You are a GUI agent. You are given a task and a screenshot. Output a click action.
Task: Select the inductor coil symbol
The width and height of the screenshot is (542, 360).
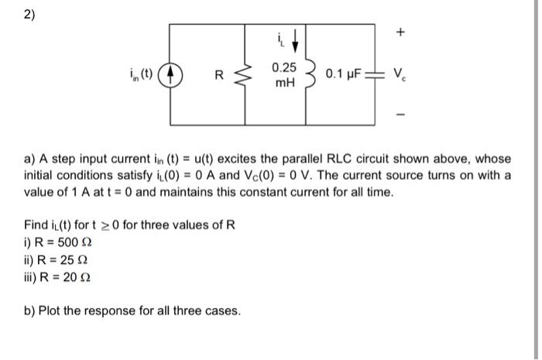pos(308,76)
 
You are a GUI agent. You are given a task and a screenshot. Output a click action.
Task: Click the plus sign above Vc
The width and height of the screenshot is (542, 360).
pos(400,34)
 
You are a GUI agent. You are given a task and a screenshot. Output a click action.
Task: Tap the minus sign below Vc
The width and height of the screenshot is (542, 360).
pos(400,115)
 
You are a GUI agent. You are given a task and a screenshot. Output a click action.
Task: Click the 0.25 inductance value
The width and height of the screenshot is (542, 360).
pos(284,70)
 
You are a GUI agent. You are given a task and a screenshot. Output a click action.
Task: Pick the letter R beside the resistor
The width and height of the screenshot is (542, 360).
pos(219,77)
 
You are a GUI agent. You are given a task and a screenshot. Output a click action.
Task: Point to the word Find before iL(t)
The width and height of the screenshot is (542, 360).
pos(37,225)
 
